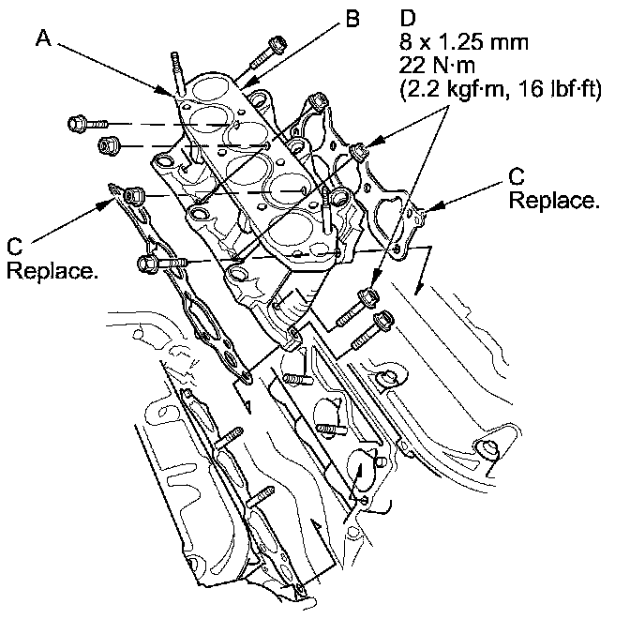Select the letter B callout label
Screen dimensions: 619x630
click(x=351, y=19)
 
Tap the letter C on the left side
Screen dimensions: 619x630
click(x=13, y=246)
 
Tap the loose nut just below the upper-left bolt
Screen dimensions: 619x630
click(x=109, y=145)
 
